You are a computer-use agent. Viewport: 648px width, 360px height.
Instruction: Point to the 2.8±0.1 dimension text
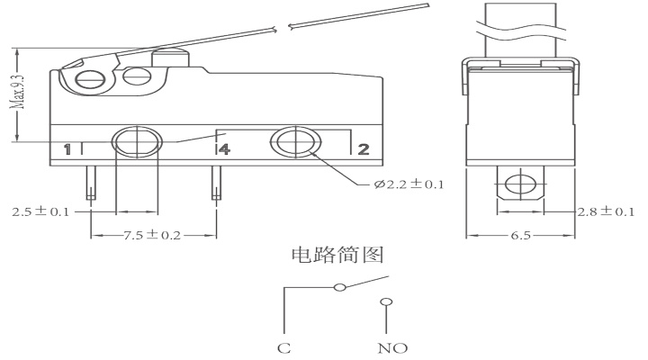(x=606, y=211)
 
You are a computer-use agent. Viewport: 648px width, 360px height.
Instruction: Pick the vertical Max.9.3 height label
(x=16, y=93)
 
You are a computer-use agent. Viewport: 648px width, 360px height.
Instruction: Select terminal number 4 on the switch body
(x=223, y=148)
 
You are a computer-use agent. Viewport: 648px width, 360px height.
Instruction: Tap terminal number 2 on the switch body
(x=363, y=148)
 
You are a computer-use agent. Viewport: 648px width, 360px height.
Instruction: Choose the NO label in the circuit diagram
(x=388, y=346)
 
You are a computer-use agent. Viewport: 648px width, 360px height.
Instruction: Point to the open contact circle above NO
(x=386, y=302)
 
